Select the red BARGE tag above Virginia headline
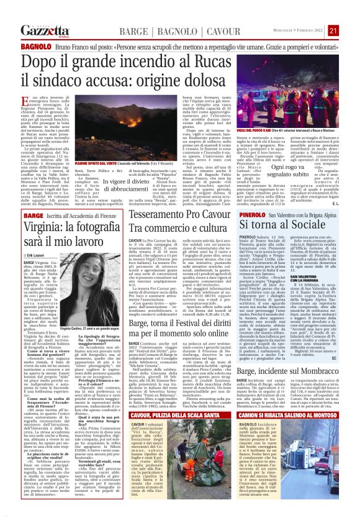tap(30, 216)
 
